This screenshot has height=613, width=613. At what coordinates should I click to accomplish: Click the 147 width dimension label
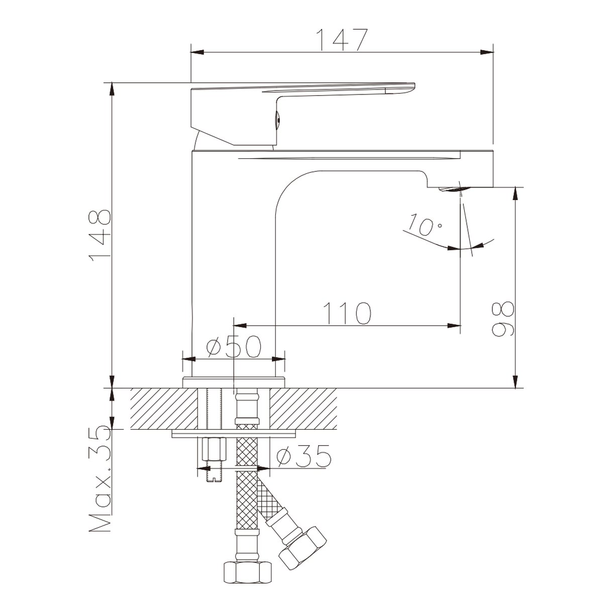[x=343, y=40]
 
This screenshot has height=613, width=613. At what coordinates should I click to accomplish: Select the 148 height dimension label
[x=100, y=236]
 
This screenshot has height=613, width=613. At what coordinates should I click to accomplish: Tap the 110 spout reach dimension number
[x=347, y=314]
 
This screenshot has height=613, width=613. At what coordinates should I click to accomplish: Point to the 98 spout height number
[x=502, y=319]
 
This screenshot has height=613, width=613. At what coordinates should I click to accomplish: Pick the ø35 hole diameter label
[x=303, y=457]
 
